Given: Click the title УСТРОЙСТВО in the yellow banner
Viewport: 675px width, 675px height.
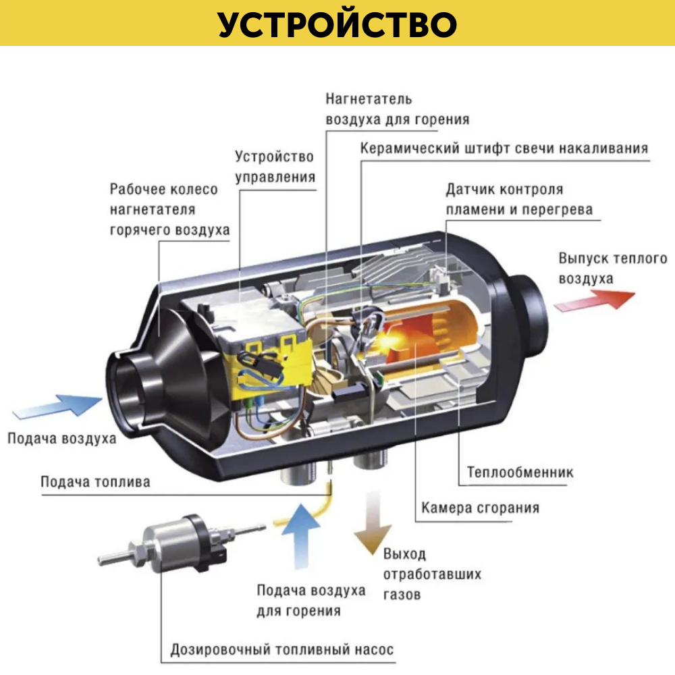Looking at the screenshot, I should [337, 24].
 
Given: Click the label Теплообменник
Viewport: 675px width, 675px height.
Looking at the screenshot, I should [520, 472].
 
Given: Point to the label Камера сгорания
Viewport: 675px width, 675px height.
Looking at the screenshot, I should [480, 508].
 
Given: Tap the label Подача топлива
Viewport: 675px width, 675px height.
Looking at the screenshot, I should [95, 482].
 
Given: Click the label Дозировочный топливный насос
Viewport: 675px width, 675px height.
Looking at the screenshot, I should [281, 651].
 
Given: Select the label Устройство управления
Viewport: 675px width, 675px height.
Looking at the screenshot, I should [275, 167].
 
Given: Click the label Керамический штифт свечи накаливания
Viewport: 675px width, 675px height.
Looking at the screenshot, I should [504, 148].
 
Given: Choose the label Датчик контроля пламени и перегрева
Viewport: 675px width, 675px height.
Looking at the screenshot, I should [518, 199].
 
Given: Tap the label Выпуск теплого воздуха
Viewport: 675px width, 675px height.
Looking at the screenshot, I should [612, 268].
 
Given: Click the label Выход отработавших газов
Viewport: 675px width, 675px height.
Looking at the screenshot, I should [432, 574].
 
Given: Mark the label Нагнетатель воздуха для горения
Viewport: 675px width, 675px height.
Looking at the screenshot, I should [397, 109].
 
